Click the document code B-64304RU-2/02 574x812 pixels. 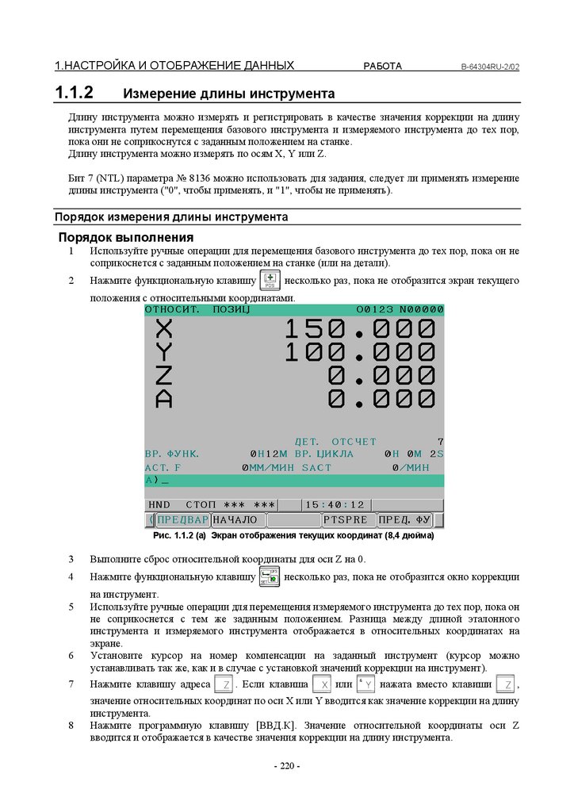click(490, 67)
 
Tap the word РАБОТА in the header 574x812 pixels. click(382, 66)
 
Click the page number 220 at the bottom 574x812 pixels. click(286, 766)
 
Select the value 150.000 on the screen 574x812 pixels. click(359, 328)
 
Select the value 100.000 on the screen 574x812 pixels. click(359, 352)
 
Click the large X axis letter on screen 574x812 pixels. click(163, 328)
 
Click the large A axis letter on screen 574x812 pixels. click(163, 399)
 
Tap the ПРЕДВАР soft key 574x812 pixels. click(182, 520)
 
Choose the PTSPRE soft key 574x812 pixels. click(346, 520)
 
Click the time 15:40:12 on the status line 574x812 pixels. click(335, 504)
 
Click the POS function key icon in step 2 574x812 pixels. click(270, 280)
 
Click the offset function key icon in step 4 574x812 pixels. click(270, 576)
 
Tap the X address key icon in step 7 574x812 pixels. click(321, 684)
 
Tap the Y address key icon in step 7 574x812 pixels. click(365, 684)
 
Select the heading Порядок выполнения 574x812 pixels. click(125, 238)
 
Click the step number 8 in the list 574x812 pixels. click(71, 725)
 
